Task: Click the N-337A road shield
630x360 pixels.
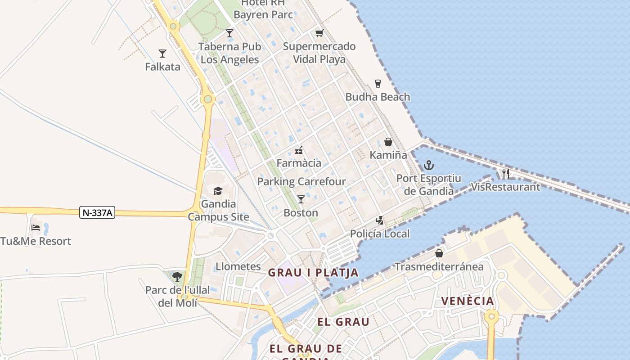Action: click(x=97, y=212)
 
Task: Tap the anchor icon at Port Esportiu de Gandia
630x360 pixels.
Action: click(x=428, y=165)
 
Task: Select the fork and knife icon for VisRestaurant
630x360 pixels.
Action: click(x=505, y=174)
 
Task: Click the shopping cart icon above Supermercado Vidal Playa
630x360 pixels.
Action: click(x=319, y=33)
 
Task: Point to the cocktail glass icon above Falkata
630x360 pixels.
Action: click(x=162, y=54)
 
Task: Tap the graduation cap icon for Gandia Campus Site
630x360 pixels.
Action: click(x=218, y=191)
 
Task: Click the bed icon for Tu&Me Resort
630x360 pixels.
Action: click(x=36, y=227)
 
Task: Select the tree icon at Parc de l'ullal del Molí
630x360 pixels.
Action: click(x=177, y=276)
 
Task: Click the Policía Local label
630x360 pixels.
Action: click(x=380, y=234)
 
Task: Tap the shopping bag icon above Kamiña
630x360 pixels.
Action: click(x=388, y=142)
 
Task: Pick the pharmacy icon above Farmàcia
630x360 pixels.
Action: click(x=299, y=150)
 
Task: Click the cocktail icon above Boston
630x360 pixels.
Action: click(x=301, y=199)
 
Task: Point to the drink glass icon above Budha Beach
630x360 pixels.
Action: click(x=378, y=84)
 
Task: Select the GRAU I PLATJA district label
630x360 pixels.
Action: click(x=313, y=273)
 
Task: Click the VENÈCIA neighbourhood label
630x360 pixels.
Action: click(x=467, y=301)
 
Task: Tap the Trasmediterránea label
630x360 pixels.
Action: click(x=439, y=267)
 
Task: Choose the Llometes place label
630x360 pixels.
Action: click(x=238, y=266)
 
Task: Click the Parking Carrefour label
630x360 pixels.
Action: click(x=301, y=181)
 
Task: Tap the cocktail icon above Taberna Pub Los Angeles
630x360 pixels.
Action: click(x=229, y=33)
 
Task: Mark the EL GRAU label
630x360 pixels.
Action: click(x=343, y=322)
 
